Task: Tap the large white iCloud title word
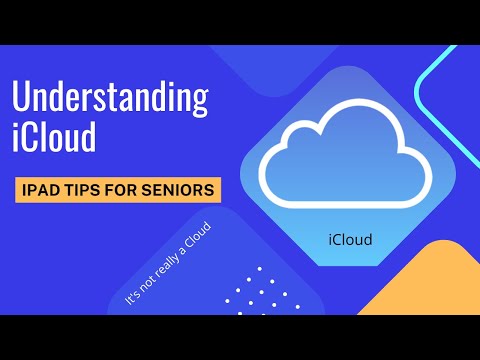point(54,138)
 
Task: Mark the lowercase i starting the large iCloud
point(16,138)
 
